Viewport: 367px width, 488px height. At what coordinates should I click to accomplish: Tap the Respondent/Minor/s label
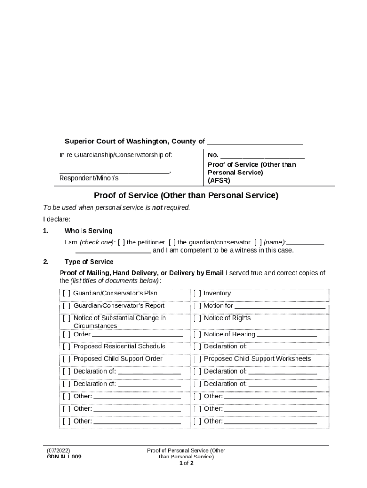coord(89,178)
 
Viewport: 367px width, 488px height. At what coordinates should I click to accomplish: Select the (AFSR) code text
coord(219,181)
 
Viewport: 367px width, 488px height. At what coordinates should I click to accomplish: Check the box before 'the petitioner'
coord(122,242)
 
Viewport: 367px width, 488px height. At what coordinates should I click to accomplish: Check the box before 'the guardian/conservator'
coord(173,242)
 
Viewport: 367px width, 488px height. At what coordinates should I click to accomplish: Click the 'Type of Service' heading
coord(89,262)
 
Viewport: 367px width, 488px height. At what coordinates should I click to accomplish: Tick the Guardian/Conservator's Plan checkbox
coord(66,294)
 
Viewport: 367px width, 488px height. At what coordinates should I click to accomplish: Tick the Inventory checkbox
coord(197,294)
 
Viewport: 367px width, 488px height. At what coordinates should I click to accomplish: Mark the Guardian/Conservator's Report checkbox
coord(66,306)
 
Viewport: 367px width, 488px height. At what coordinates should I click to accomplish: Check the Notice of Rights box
coord(197,318)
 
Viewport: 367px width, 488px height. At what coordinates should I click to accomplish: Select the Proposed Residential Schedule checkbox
coord(66,346)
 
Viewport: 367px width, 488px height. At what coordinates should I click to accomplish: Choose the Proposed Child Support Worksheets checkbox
coord(197,359)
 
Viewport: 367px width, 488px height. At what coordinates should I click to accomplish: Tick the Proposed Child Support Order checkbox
coord(66,359)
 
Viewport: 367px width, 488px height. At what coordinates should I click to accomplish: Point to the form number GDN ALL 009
coord(64,457)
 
